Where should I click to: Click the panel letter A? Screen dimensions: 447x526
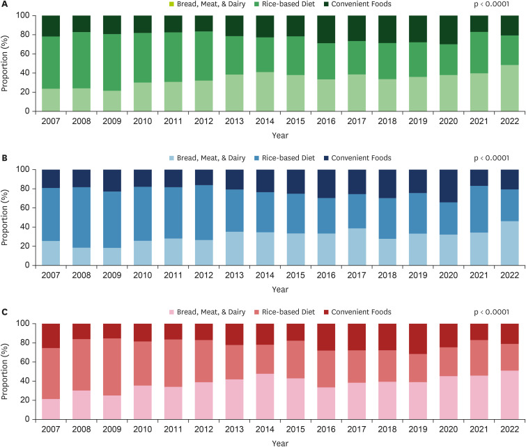pyautogui.click(x=3, y=3)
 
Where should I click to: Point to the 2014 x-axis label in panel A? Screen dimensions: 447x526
pyautogui.click(x=267, y=122)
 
